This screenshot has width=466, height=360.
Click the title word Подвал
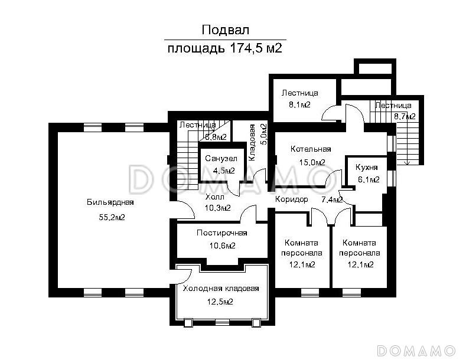pos(225,30)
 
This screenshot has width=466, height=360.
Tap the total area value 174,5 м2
pos(256,48)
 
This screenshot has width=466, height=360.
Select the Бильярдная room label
pos(110,202)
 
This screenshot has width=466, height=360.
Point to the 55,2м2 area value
pos(112,217)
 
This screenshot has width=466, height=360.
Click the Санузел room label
pos(221,159)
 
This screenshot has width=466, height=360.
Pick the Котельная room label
pos(311,149)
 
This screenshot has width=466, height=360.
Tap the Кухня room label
pos(366,168)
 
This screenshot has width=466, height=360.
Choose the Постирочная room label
pos(221,233)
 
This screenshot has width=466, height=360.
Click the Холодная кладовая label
pos(221,289)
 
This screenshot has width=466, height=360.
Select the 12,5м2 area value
pos(220,302)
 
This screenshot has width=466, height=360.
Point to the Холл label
pos(215,197)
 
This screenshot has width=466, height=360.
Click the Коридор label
pos(292,199)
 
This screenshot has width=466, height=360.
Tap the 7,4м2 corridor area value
pos(332,200)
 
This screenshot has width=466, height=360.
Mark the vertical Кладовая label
pos(252,143)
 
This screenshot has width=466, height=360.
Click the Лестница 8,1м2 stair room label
pos(300,93)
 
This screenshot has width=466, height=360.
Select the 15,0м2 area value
pos(312,162)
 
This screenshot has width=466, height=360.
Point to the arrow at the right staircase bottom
pos(407,162)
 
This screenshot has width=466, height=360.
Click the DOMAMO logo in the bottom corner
pos(416,351)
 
